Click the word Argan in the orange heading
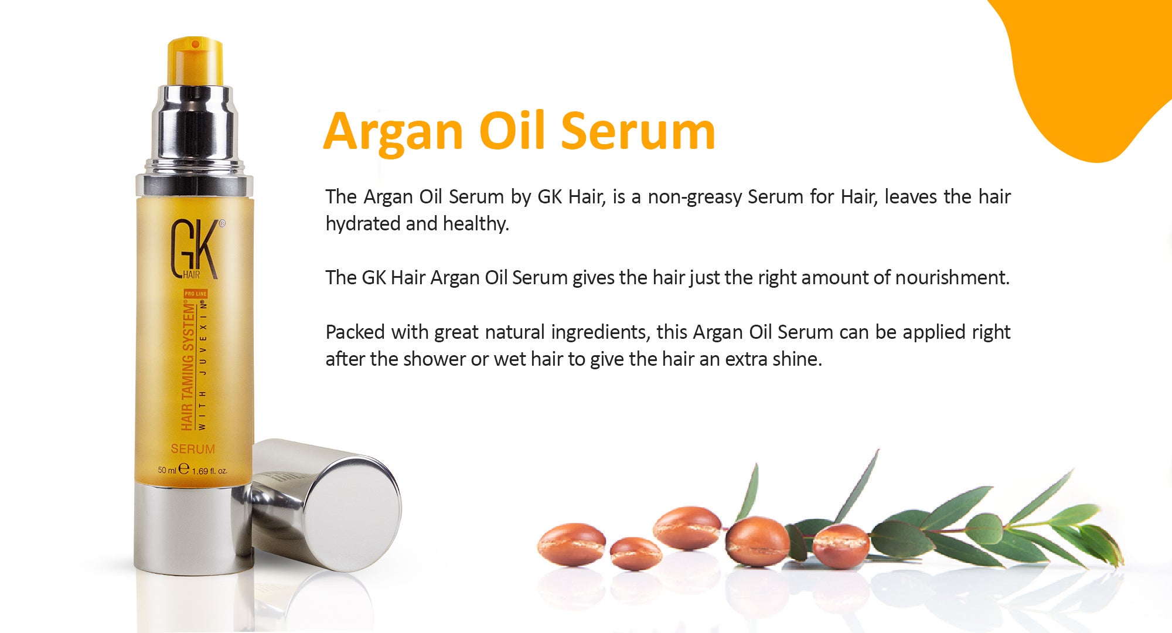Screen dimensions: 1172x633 pyautogui.click(x=393, y=132)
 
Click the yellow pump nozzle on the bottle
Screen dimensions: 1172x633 pyautogui.click(x=195, y=61)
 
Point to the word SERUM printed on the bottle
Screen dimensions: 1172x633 pyautogui.click(x=193, y=449)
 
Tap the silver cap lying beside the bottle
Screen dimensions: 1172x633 pyautogui.click(x=325, y=504)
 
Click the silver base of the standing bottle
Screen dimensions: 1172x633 pyautogui.click(x=193, y=527)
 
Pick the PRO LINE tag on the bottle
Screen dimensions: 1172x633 pyautogui.click(x=196, y=294)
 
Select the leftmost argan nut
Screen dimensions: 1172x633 pyautogui.click(x=571, y=544)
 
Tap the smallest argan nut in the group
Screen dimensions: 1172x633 pyautogui.click(x=635, y=554)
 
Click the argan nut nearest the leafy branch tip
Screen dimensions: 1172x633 pyautogui.click(x=840, y=546)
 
